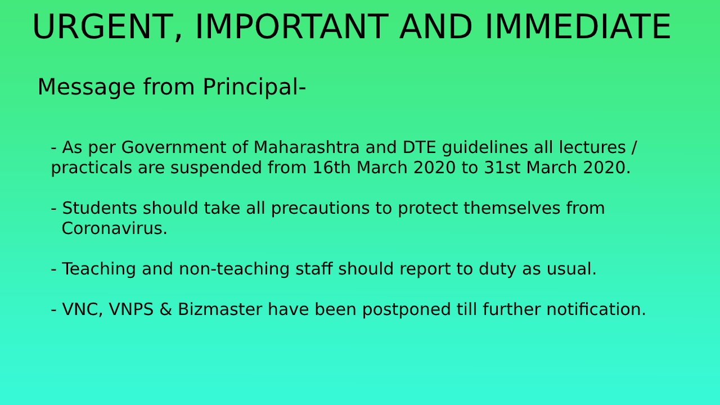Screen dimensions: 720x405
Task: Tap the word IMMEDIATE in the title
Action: tap(578, 26)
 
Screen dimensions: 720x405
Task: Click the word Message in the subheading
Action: tap(86, 87)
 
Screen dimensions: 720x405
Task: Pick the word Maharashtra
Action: tap(307, 147)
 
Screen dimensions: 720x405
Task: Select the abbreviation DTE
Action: tap(419, 147)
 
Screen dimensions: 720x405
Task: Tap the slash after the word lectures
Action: tap(634, 148)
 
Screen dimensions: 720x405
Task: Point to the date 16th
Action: tap(331, 168)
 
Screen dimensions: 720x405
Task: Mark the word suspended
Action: tap(216, 168)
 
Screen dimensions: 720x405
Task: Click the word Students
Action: tap(100, 208)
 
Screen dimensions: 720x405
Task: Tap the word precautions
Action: tap(320, 209)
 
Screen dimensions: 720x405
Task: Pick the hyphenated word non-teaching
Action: tap(235, 269)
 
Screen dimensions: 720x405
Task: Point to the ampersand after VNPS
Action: tap(165, 309)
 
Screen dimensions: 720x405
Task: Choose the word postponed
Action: tap(407, 310)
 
